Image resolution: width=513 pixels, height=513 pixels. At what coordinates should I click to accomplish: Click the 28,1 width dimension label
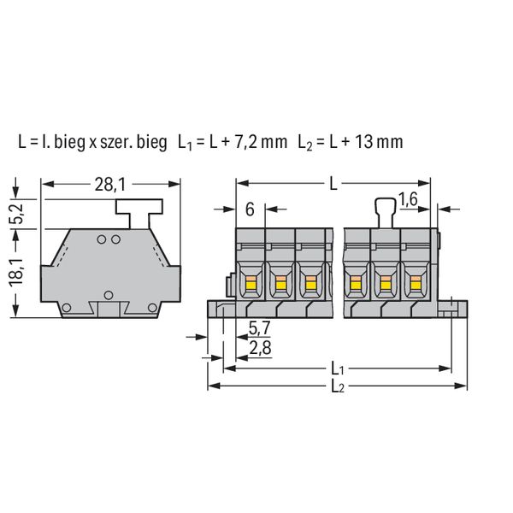click(110, 185)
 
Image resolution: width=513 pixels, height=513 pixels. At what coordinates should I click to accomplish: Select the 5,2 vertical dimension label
click(16, 214)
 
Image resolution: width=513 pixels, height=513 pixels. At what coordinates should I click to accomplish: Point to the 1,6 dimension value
click(408, 199)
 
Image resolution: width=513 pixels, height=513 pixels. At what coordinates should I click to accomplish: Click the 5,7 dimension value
click(259, 328)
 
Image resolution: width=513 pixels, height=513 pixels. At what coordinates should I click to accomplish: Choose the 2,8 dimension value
click(260, 348)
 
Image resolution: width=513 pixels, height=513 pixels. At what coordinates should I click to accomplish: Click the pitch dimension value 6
click(250, 209)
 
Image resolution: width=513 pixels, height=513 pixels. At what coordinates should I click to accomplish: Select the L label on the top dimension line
click(333, 185)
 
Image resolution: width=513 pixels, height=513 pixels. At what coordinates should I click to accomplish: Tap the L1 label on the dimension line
click(338, 369)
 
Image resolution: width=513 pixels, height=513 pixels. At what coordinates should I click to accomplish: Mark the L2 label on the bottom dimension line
click(338, 386)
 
